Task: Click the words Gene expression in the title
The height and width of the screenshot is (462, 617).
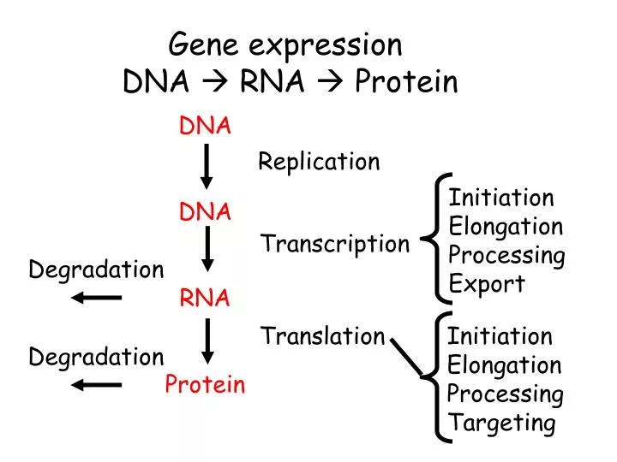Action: click(285, 44)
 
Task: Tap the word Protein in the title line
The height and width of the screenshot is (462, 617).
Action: click(406, 82)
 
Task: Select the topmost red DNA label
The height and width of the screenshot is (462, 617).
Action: click(205, 127)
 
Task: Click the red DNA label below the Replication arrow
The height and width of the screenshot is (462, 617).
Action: click(205, 212)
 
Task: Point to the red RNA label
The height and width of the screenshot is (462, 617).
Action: click(205, 298)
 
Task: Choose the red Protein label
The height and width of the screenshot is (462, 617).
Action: click(205, 385)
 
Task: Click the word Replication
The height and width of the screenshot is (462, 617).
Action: click(319, 162)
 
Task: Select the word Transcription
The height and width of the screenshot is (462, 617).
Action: click(335, 245)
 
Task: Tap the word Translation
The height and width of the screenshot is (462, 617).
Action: click(322, 336)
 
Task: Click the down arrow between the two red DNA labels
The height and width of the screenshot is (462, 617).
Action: click(207, 167)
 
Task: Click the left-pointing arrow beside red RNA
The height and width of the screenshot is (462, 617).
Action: click(96, 298)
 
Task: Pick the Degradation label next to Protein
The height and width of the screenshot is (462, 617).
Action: click(96, 357)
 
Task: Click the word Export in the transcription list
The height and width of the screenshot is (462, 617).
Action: click(487, 284)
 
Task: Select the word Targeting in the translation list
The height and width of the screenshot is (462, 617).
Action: click(501, 423)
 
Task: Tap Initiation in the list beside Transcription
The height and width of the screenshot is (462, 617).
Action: click(501, 198)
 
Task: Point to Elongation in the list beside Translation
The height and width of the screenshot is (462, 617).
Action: click(504, 365)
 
